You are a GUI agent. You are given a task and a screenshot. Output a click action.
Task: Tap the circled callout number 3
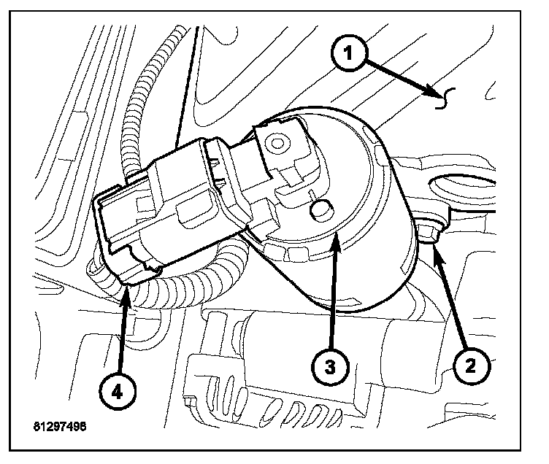pos(331,366)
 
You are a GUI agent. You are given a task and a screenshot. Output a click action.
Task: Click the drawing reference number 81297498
pos(58,424)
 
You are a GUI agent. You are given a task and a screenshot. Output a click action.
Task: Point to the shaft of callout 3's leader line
pos(332,299)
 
